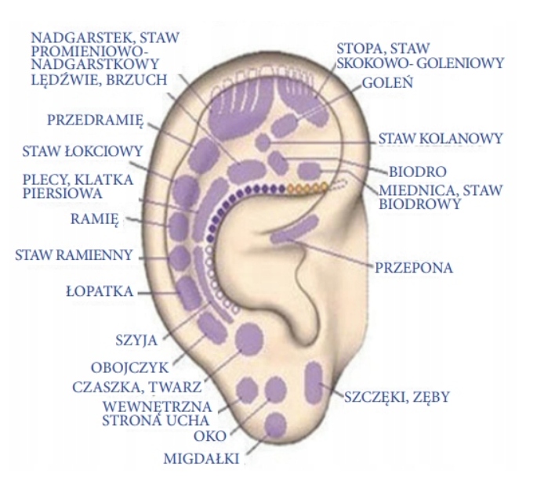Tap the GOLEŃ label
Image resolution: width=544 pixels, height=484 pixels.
[x=383, y=82]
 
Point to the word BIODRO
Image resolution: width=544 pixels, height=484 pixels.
[x=418, y=171]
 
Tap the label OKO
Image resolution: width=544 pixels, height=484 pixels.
[x=210, y=435]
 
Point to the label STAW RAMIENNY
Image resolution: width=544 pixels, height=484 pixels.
[x=74, y=255]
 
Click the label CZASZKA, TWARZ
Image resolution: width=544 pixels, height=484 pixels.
[x=136, y=386]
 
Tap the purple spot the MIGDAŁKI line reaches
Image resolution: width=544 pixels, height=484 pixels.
[x=275, y=424]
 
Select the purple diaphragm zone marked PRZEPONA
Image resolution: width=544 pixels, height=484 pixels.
[x=294, y=229]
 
